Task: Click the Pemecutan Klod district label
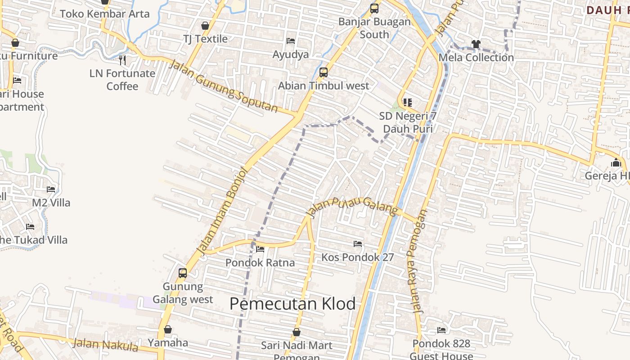click(x=292, y=304)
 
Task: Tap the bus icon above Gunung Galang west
click(x=183, y=273)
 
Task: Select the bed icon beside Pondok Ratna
click(x=260, y=249)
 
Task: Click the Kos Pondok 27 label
click(x=357, y=257)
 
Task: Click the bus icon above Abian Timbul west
click(x=323, y=72)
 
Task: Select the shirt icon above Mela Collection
click(x=476, y=44)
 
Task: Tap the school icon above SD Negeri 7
click(x=408, y=103)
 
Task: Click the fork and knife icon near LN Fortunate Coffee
click(x=122, y=59)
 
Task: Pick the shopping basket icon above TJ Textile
click(x=205, y=26)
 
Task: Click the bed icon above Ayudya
click(x=291, y=41)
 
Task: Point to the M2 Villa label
click(x=51, y=202)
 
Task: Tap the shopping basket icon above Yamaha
click(x=168, y=330)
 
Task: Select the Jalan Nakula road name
click(x=105, y=345)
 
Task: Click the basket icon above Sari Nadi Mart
click(x=297, y=332)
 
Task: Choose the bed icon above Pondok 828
click(x=441, y=330)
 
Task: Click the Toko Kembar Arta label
click(x=104, y=13)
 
